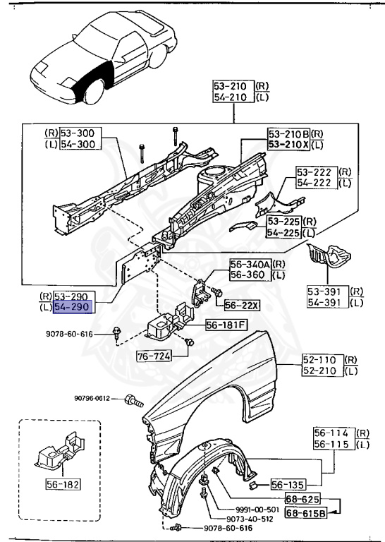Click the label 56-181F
pyautogui.click(x=225, y=325)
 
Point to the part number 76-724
pyautogui.click(x=154, y=356)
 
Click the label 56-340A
pyautogui.click(x=248, y=264)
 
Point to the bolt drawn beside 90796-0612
pyautogui.click(x=133, y=400)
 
